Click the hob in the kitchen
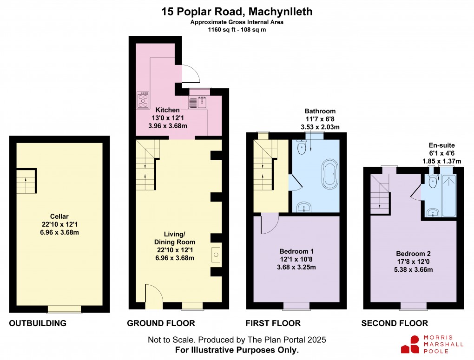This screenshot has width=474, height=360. point(144,99)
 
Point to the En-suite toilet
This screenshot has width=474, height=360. point(433,182)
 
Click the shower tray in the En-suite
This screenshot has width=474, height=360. point(448,195)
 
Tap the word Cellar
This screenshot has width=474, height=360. point(59,216)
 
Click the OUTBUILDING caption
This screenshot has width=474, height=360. point(38,323)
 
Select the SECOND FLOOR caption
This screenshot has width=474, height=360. point(395,323)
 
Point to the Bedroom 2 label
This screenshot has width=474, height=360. point(413,254)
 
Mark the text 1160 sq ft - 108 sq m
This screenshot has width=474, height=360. point(237,29)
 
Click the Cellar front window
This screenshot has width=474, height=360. point(64,308)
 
